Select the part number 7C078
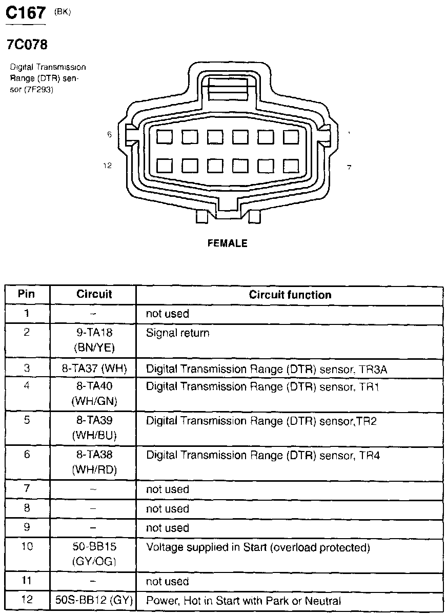[x=27, y=45]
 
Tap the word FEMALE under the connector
[x=227, y=243]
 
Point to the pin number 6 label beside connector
[x=109, y=134]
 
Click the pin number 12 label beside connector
[x=108, y=166]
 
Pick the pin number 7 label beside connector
[x=349, y=167]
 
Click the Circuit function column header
[x=290, y=295]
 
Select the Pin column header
[x=27, y=294]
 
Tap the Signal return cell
[x=178, y=333]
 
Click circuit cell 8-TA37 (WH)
[x=94, y=368]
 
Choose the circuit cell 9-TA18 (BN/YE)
[x=94, y=340]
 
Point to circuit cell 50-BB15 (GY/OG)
[x=94, y=555]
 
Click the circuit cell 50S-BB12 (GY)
[x=94, y=601]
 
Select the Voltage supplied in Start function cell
[x=258, y=547]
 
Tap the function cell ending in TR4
[x=263, y=455]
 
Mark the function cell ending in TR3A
[x=270, y=368]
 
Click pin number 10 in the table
[x=27, y=547]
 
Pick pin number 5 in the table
[x=27, y=420]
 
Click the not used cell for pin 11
[x=168, y=581]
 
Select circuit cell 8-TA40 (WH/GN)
[x=94, y=394]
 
